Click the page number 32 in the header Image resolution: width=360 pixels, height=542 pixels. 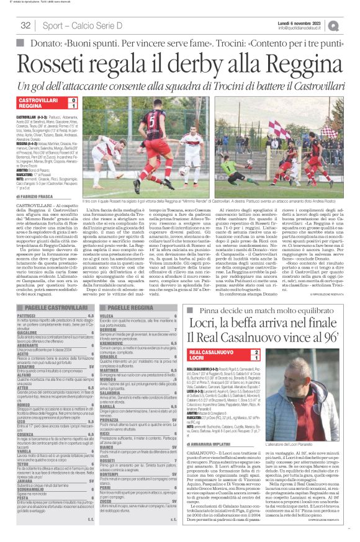pyautogui.click(x=25, y=25)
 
